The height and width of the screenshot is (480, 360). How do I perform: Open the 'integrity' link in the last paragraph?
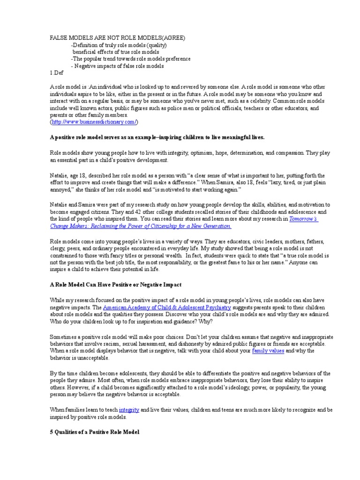pos(129,409)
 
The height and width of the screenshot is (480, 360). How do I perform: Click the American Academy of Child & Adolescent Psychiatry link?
pos(167,307)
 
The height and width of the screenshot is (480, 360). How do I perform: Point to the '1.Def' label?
pos(56,73)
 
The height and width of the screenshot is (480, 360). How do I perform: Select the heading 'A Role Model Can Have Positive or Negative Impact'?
pos(115,285)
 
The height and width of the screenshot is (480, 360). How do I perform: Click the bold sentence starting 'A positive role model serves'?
pos(157,137)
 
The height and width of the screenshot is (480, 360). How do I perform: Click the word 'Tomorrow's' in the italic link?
pos(304,218)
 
